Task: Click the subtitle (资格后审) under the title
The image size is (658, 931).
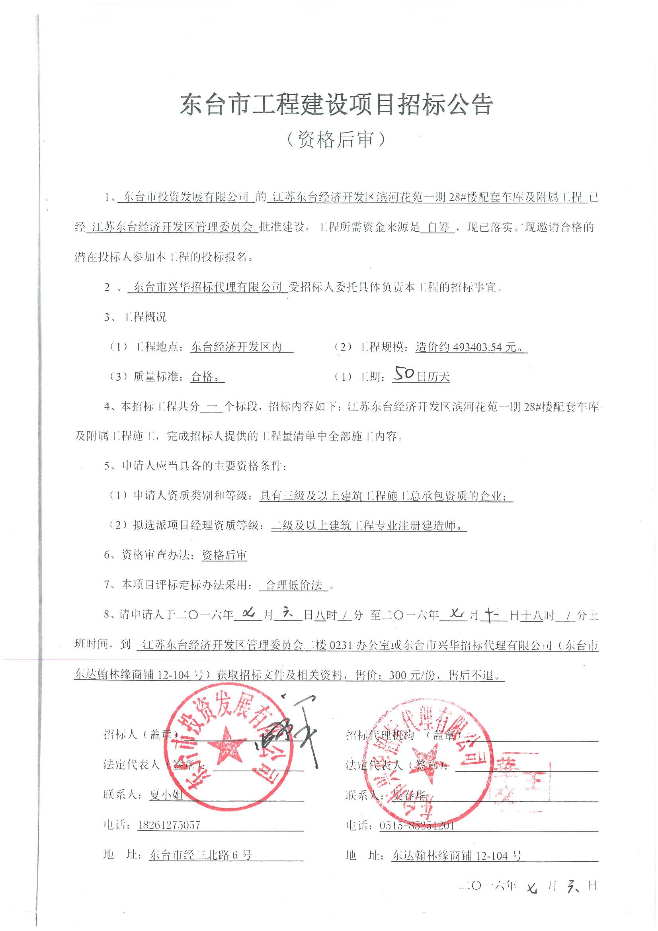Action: [336, 140]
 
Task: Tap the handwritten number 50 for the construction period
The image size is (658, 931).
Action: [404, 376]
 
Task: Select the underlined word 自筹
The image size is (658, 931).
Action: [435, 228]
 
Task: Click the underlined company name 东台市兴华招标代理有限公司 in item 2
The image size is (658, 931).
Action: [207, 288]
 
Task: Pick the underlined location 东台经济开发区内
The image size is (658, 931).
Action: [237, 348]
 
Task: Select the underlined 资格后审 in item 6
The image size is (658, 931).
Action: [225, 555]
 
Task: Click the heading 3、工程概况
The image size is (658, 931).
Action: [135, 317]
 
